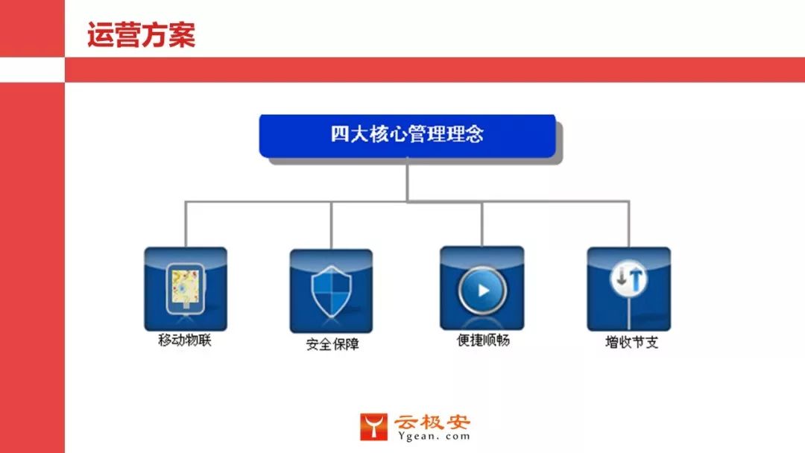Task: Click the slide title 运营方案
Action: tap(141, 35)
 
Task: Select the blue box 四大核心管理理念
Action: tap(407, 135)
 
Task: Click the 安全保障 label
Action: tap(332, 345)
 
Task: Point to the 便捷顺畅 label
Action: tap(483, 340)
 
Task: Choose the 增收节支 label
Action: tap(631, 343)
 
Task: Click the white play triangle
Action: tap(484, 290)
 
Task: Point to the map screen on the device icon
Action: tap(183, 285)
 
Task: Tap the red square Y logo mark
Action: tap(373, 427)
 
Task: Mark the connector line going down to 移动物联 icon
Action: tap(185, 224)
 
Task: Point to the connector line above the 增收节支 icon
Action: tap(629, 224)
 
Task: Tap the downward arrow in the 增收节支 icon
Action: tap(621, 279)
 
